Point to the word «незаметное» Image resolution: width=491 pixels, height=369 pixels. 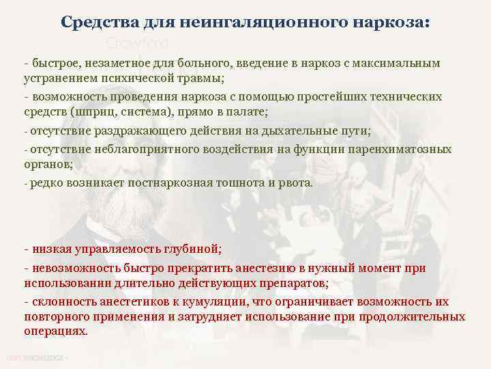(x=117, y=63)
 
